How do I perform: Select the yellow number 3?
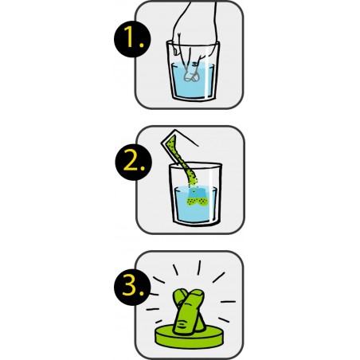pyautogui.click(x=130, y=286)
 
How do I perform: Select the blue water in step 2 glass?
pyautogui.click(x=196, y=205)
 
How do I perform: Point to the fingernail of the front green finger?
pyautogui.click(x=198, y=292)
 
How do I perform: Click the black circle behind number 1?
pyautogui.click(x=132, y=39)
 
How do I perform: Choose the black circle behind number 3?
pyautogui.click(x=132, y=287)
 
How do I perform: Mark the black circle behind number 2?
pyautogui.click(x=133, y=162)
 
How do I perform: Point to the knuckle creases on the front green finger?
pyautogui.click(x=182, y=324)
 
